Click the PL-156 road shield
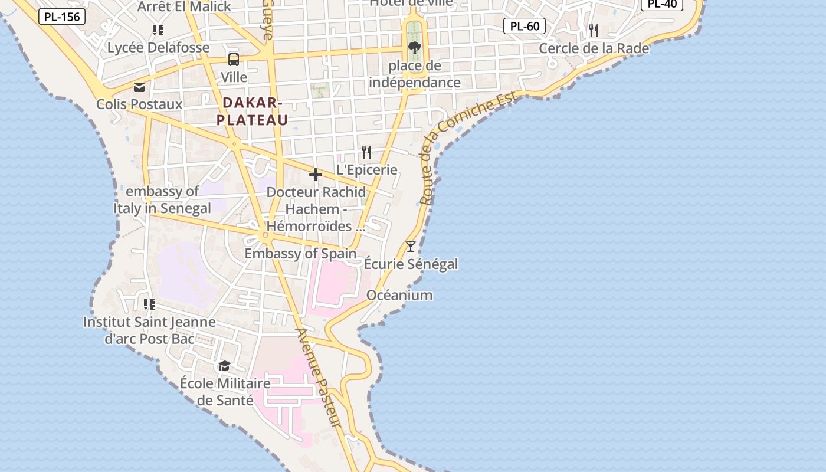(62, 17)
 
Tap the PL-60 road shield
(525, 26)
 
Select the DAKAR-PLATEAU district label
(252, 112)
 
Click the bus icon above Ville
(234, 59)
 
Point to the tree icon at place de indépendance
(415, 48)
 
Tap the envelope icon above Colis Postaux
(139, 87)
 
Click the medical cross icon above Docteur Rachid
(316, 175)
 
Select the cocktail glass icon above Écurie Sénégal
(411, 247)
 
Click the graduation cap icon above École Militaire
(224, 366)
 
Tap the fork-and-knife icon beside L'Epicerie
(366, 152)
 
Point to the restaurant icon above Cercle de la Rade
(594, 31)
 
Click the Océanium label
(399, 295)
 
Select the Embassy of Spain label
(300, 254)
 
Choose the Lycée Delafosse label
(158, 47)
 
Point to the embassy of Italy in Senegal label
(162, 200)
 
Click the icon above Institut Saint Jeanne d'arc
(149, 304)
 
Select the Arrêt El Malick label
(184, 6)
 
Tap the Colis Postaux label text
(139, 104)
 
